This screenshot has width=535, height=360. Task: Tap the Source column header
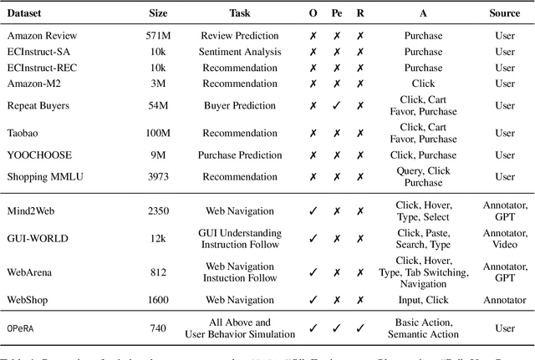pos(505,13)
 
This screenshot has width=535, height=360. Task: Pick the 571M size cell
pos(157,37)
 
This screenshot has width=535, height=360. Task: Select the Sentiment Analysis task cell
pos(239,52)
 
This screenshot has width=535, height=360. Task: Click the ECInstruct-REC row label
pos(42,67)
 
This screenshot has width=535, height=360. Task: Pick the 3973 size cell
pos(157,177)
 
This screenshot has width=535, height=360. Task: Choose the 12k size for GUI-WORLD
pos(157,238)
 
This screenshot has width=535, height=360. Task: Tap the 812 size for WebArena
pos(157,271)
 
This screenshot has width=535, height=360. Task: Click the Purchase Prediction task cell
pos(239,155)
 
